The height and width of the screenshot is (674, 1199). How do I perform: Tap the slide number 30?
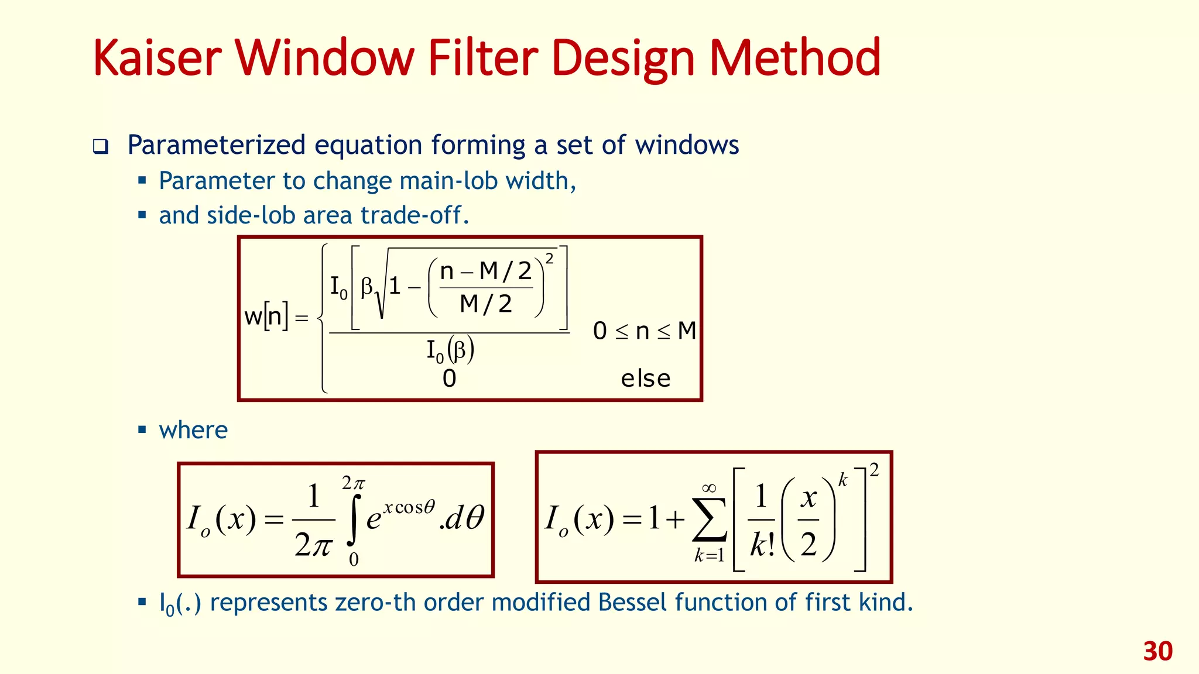click(x=1157, y=651)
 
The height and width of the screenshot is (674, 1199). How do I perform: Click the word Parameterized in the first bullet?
click(x=217, y=145)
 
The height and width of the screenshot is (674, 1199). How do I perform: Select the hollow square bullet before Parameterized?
click(x=101, y=146)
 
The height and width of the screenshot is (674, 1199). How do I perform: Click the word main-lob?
click(x=427, y=181)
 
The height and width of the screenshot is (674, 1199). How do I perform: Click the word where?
click(x=193, y=430)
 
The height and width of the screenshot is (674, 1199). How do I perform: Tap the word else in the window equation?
click(x=645, y=379)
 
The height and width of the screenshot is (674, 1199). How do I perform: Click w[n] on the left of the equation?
click(x=266, y=317)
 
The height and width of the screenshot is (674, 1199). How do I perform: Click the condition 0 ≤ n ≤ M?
click(x=644, y=331)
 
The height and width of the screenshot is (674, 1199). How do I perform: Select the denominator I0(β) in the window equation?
click(x=450, y=351)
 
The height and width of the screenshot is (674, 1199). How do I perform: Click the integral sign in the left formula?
click(x=353, y=520)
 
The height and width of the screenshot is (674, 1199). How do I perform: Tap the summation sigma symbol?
click(x=710, y=520)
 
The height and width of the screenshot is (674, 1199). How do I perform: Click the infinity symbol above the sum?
click(x=709, y=488)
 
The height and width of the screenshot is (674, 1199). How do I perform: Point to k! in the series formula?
click(x=762, y=545)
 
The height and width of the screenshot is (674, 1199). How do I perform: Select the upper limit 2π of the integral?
click(x=353, y=483)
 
